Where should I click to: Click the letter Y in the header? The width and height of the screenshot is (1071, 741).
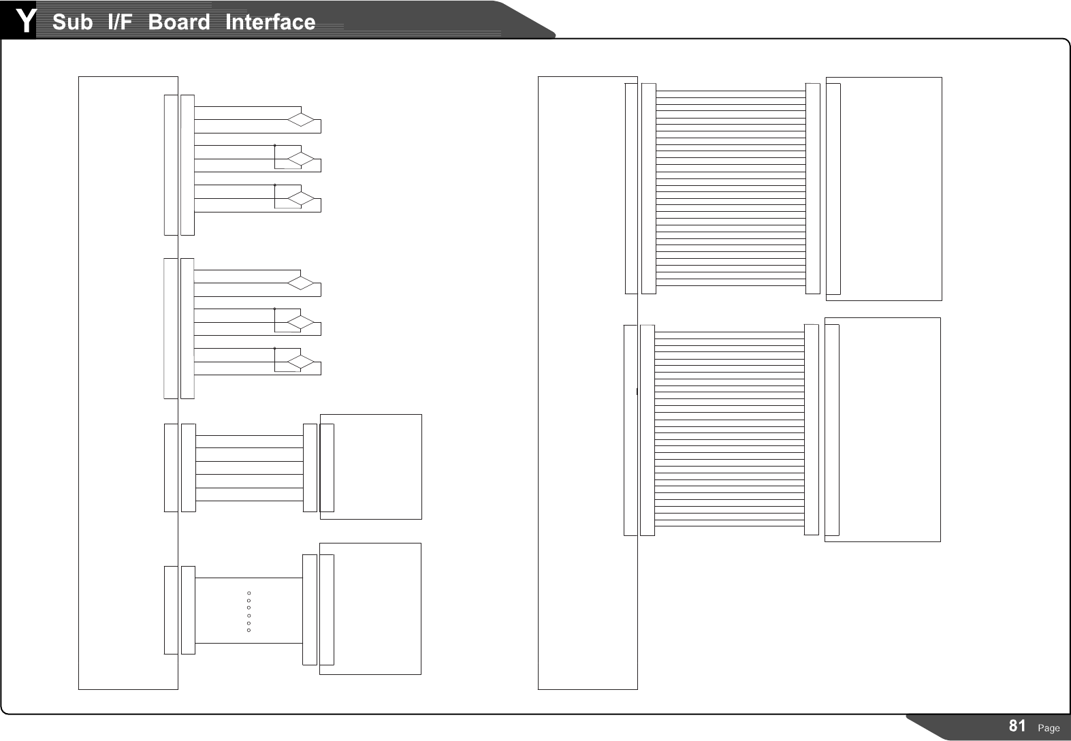25,21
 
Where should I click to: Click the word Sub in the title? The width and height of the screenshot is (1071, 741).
72,22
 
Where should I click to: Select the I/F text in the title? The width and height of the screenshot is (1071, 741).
120,22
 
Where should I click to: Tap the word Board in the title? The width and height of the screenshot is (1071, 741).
179,22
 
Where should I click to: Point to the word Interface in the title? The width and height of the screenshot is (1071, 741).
270,22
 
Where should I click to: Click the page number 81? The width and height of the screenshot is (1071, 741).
1017,726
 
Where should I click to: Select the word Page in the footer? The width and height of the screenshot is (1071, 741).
1049,728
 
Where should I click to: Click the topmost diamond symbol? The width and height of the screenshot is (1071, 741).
301,121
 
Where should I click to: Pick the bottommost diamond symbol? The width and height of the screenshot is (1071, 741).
301,362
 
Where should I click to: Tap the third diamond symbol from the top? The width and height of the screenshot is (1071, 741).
301,200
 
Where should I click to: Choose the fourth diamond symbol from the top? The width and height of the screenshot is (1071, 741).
301,283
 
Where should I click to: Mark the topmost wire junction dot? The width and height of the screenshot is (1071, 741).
274,146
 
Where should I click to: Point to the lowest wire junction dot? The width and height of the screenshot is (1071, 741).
274,349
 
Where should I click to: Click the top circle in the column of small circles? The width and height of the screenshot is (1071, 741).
249,593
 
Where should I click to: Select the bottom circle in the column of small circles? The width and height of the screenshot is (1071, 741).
249,630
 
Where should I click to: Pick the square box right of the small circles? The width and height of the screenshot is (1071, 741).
377,608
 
